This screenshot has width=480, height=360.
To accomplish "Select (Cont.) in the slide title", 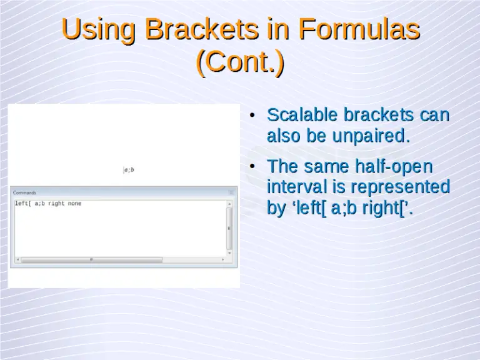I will pos(240,62).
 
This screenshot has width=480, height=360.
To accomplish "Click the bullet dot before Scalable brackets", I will pos(251,116).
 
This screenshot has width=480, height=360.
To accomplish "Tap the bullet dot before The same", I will pos(251,167).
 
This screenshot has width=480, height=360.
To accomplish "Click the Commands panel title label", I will pos(25,192).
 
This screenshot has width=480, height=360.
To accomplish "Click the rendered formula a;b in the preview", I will pos(129,169).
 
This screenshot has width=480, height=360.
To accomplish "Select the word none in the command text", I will pos(75,204).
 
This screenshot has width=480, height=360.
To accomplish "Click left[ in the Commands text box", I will pos(22,204).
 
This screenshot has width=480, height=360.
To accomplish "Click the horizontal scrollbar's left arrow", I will pos(17,259).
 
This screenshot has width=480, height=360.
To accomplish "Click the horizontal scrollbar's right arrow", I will pos(224,259).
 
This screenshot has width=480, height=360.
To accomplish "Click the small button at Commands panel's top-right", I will pos(231,192).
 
